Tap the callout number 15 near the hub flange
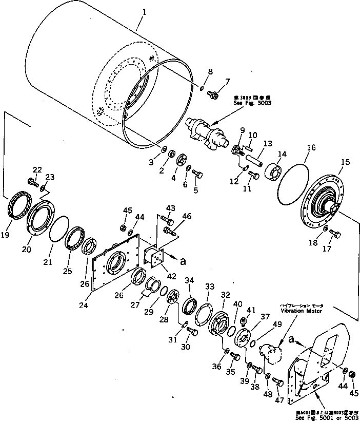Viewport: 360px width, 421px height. (x=345, y=162)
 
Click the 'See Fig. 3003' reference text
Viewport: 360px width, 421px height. (x=252, y=103)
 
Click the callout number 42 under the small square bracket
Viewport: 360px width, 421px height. (x=171, y=276)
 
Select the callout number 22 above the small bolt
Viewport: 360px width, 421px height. (x=37, y=170)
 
